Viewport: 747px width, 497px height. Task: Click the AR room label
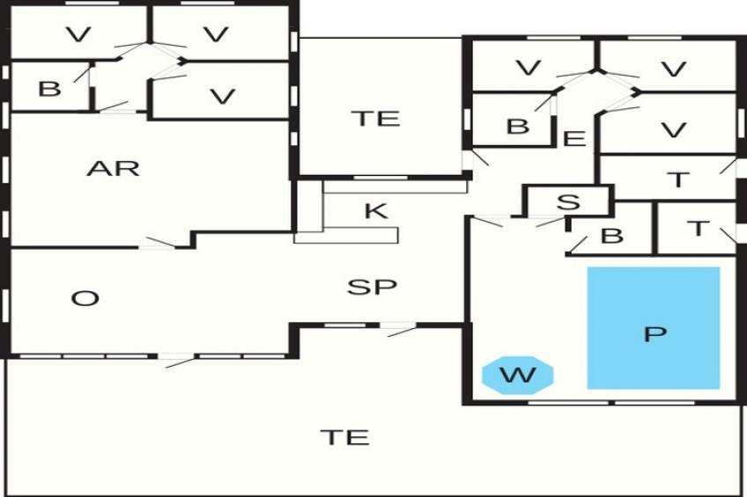click(114, 168)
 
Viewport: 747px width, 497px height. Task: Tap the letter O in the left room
click(85, 299)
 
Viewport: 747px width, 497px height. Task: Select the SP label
click(371, 287)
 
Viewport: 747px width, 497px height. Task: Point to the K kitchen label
click(375, 211)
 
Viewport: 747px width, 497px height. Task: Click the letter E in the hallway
click(573, 138)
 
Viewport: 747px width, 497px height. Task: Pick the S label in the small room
click(569, 202)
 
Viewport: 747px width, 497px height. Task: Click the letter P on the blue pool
click(654, 333)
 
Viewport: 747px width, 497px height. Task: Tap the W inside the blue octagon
click(518, 376)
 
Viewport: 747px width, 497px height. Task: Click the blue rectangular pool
click(654, 299)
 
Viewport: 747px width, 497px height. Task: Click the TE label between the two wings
click(375, 119)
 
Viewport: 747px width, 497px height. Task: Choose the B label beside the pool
click(610, 236)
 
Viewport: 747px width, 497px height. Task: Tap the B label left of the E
click(518, 127)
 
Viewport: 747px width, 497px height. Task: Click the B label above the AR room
click(49, 90)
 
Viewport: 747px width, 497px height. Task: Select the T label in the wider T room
click(677, 180)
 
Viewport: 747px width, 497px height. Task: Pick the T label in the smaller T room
click(698, 229)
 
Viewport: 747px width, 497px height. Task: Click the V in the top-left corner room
click(78, 35)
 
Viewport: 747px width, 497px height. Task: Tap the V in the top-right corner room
click(673, 69)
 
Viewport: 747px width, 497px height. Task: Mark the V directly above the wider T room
click(673, 130)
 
